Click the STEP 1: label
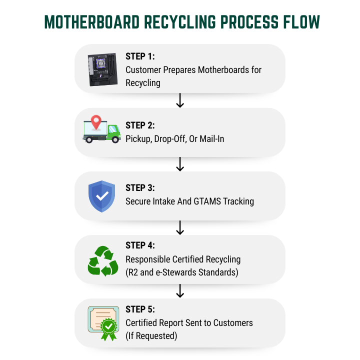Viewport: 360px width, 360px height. click(x=140, y=57)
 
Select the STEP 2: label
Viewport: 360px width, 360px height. click(x=141, y=125)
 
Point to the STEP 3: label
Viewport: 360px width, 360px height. click(x=141, y=188)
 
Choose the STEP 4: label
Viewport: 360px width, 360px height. click(x=141, y=246)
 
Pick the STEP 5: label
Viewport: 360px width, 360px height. click(x=141, y=309)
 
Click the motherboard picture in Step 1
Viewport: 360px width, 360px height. click(x=102, y=70)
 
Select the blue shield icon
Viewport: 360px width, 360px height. click(x=102, y=196)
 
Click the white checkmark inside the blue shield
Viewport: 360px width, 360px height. click(x=102, y=196)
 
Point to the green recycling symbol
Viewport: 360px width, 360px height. click(x=102, y=260)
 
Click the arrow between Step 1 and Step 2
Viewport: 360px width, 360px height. click(x=180, y=100)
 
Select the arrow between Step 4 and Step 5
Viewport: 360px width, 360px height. click(x=180, y=291)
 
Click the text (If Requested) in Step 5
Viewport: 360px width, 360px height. click(x=151, y=336)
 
